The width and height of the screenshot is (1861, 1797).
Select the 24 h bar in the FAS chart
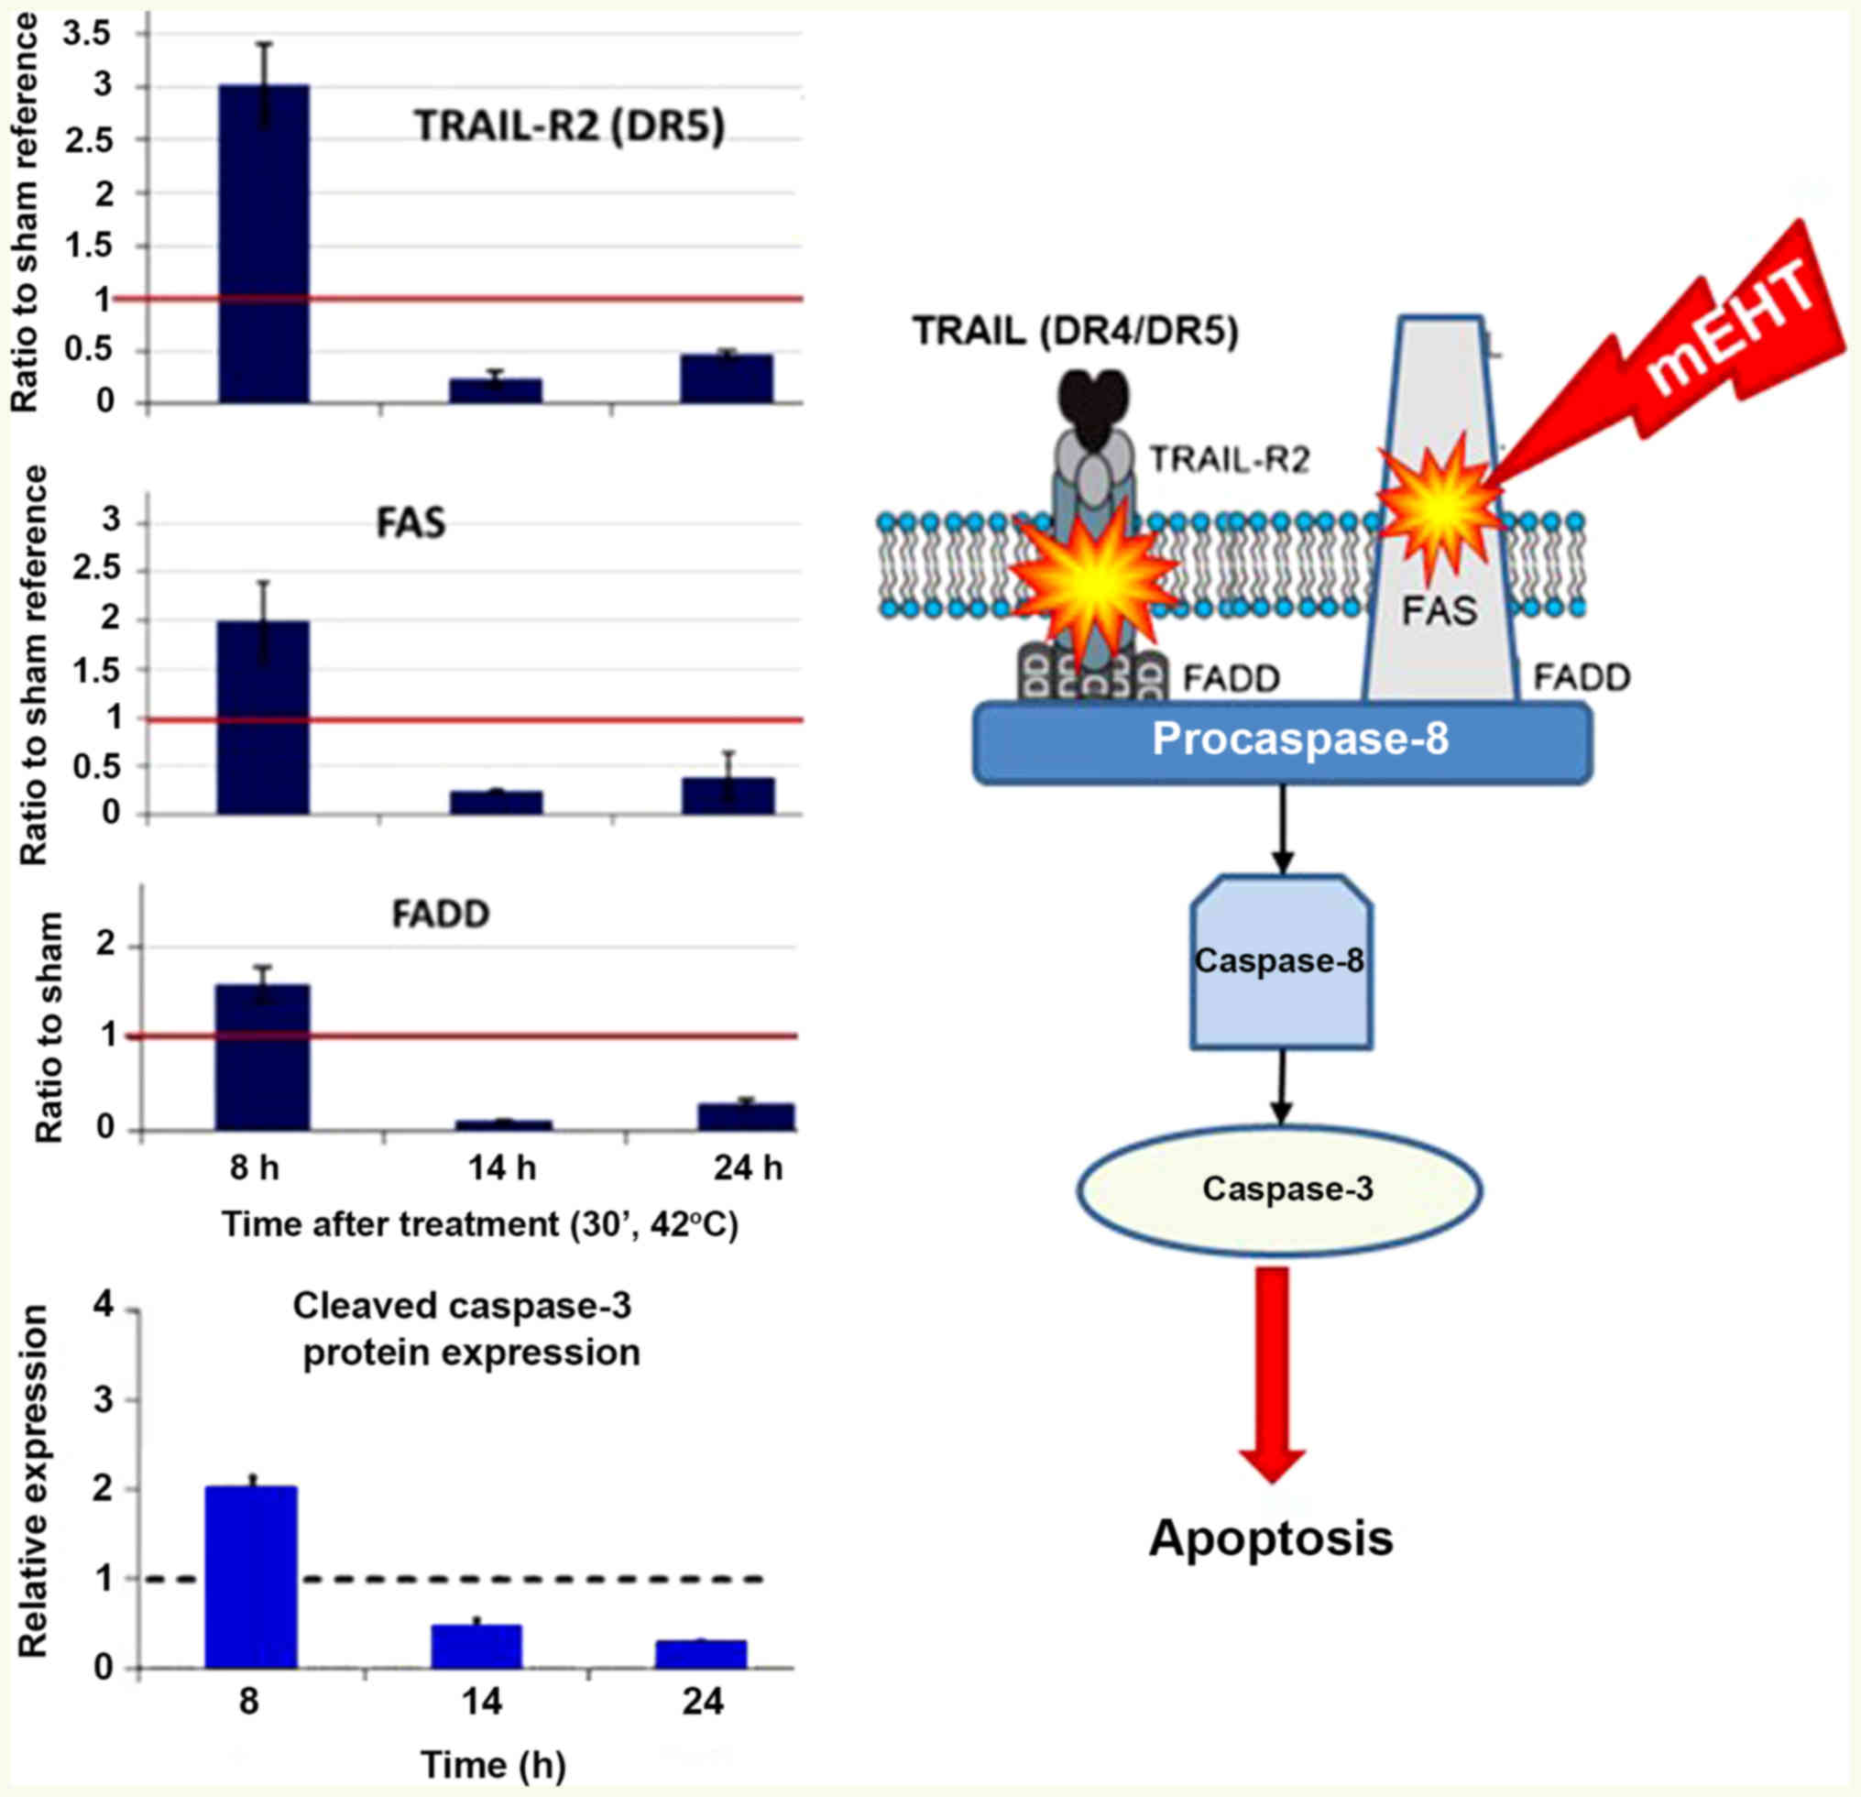728,796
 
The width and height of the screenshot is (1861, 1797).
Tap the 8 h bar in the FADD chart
262,1057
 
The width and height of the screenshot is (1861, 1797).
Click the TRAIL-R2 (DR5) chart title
569,126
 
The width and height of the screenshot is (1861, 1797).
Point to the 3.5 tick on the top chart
86,34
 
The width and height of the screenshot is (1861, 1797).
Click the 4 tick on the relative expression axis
102,1306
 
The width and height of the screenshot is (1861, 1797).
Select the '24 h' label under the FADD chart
749,1167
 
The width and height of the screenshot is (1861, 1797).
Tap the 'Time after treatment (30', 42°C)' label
479,1224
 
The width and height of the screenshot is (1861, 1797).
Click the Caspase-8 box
1281,961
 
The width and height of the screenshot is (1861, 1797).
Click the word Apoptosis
1270,1537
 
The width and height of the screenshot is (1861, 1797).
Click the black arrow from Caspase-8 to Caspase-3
1282,1087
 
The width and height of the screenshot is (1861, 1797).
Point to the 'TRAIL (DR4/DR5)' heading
1076,332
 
